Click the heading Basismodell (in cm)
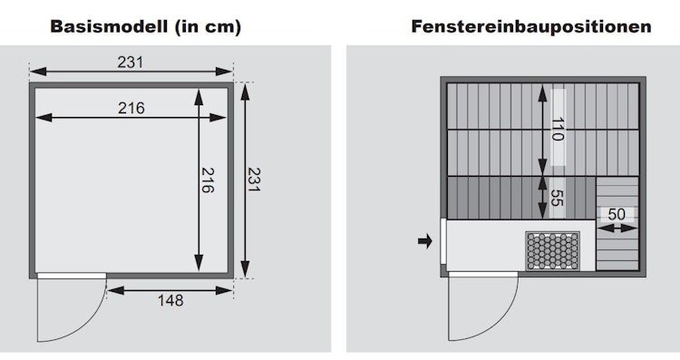point(145,27)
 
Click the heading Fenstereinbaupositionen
point(531,26)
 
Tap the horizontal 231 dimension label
point(130,62)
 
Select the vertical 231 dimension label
point(253,180)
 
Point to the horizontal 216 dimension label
point(131,108)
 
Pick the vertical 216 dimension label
point(208,180)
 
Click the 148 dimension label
point(170,300)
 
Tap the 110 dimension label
point(558,130)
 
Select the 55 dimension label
point(557,198)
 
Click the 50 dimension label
point(617,214)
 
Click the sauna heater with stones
point(553,251)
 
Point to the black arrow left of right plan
point(425,241)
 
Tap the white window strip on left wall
point(443,241)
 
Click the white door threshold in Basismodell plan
point(72,276)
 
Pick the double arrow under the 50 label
point(617,229)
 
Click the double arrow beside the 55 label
point(542,198)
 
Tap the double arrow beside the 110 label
point(542,130)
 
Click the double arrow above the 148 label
point(170,290)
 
